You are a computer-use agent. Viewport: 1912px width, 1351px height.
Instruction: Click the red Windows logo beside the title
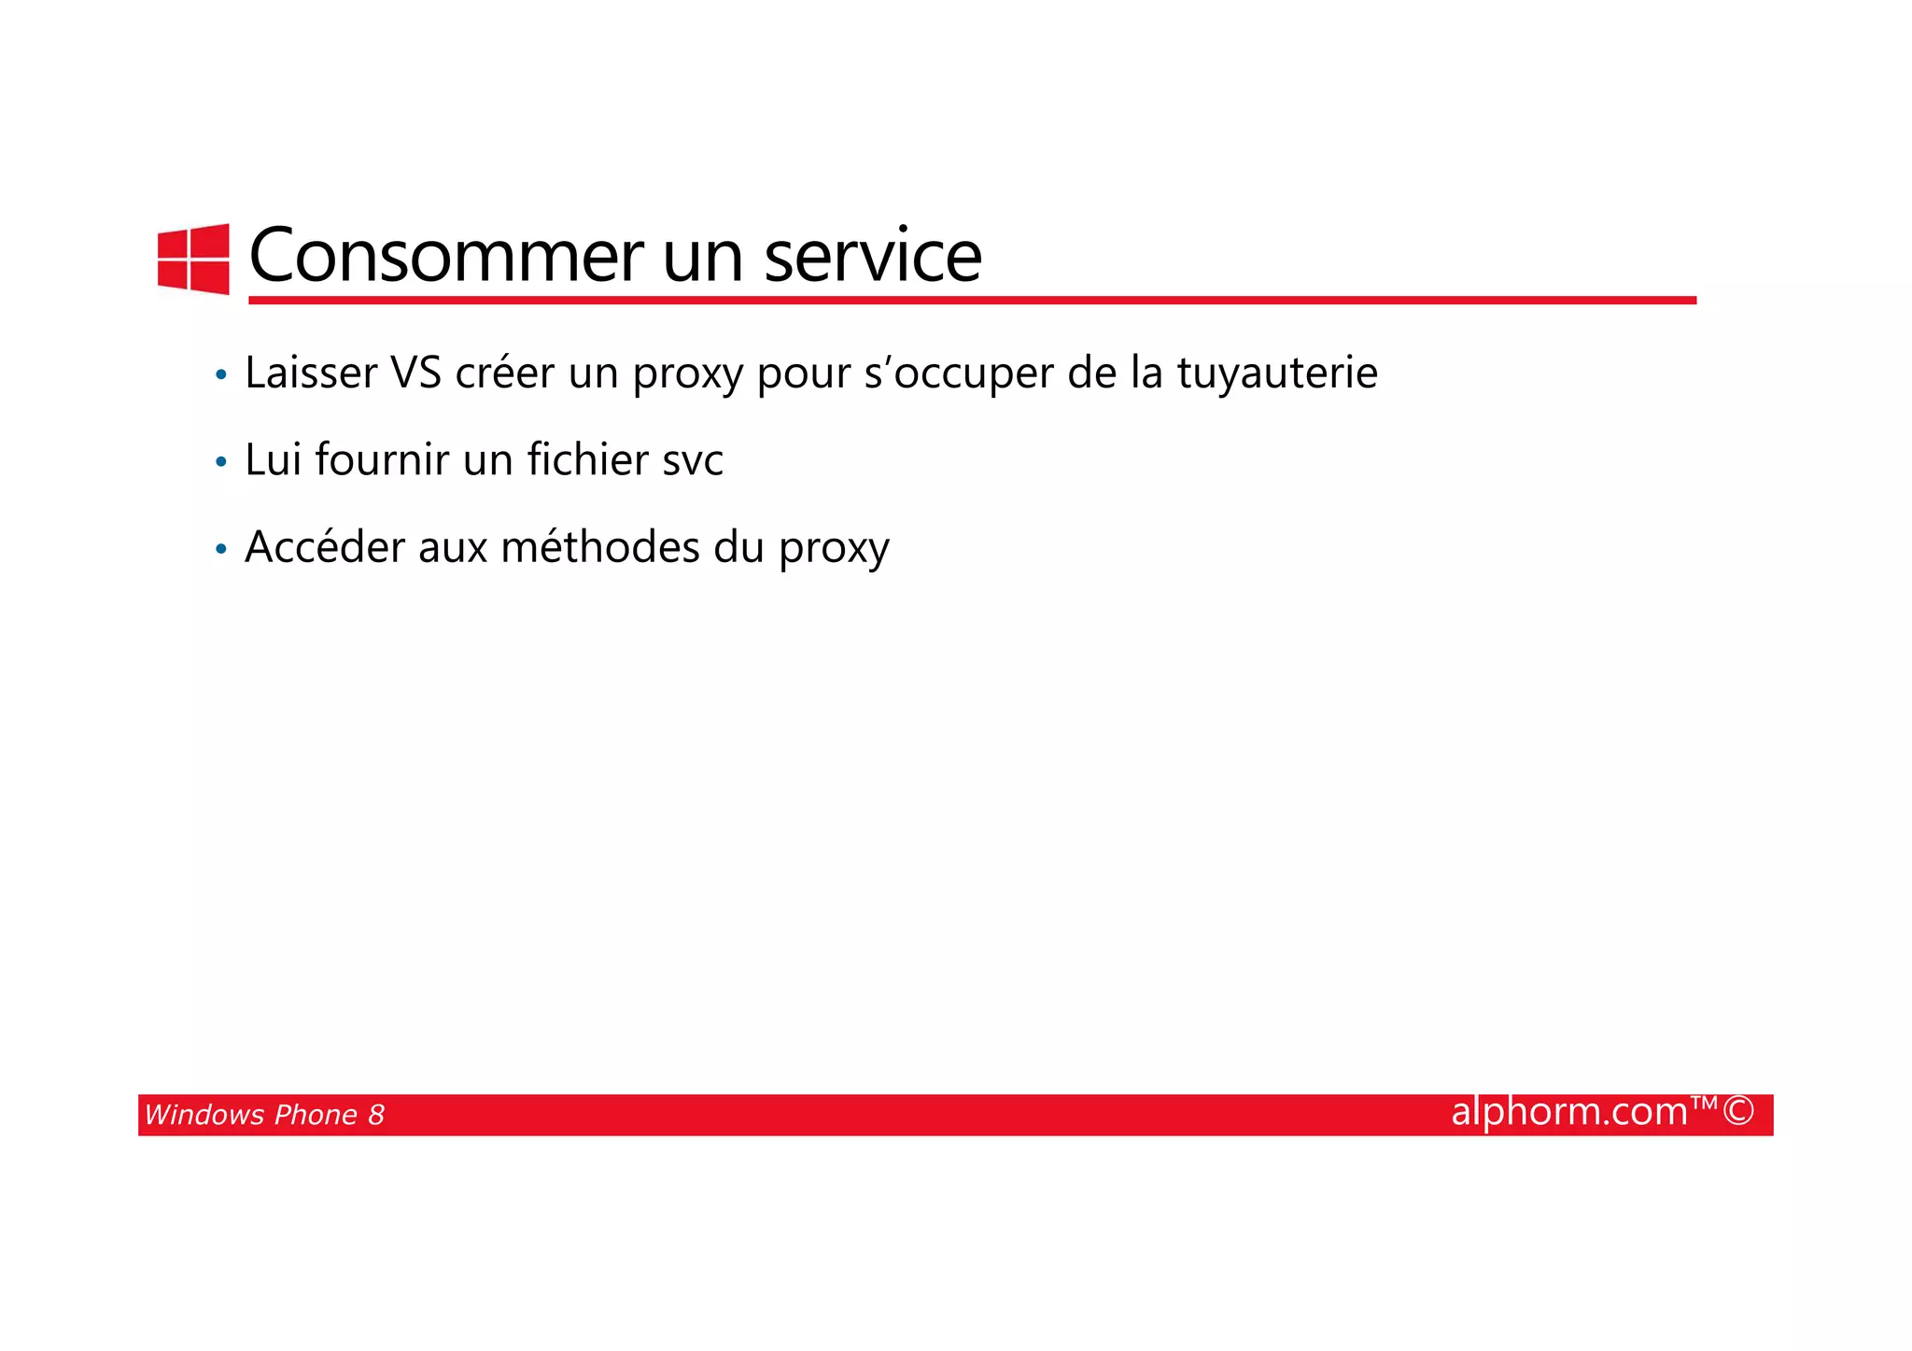click(x=193, y=259)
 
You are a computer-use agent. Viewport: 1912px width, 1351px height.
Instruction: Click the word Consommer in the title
click(x=446, y=255)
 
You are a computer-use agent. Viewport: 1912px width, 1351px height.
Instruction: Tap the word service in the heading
click(x=873, y=255)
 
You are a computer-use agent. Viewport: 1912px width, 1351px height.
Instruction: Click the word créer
click(x=504, y=373)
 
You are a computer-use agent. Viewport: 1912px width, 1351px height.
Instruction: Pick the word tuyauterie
click(x=1276, y=373)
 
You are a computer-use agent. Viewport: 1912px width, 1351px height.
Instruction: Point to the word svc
click(x=692, y=461)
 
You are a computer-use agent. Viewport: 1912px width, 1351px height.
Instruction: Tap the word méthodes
click(x=599, y=547)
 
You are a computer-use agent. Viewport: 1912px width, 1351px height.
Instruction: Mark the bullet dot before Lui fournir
click(x=220, y=462)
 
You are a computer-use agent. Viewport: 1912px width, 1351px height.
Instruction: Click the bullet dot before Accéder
click(x=220, y=550)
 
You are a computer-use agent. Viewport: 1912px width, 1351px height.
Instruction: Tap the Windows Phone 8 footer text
click(x=264, y=1115)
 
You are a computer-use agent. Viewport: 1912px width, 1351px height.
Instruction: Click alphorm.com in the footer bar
click(x=1568, y=1112)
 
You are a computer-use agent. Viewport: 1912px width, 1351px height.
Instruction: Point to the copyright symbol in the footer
click(x=1738, y=1111)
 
